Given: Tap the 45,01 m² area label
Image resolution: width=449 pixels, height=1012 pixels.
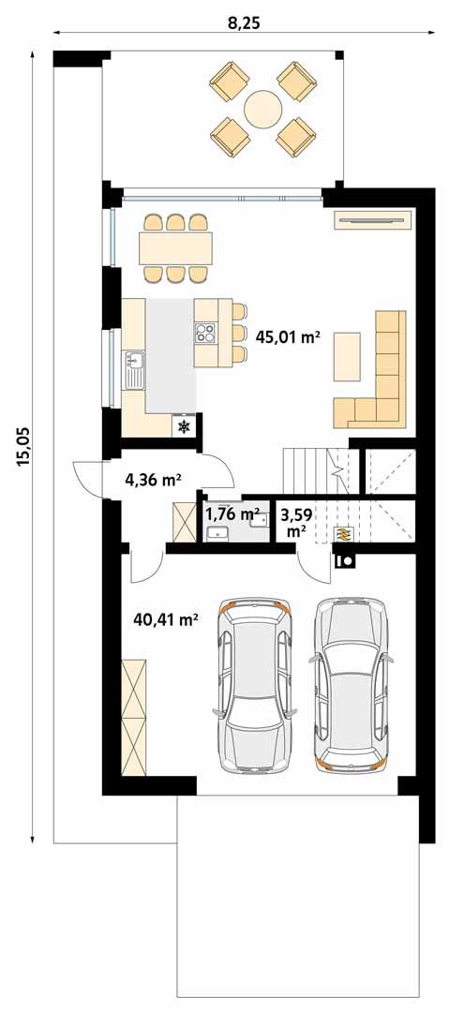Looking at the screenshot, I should tap(288, 337).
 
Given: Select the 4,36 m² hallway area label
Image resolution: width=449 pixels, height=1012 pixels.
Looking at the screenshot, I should tap(153, 481).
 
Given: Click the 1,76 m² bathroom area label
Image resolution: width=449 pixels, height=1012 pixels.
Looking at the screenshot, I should tap(232, 513).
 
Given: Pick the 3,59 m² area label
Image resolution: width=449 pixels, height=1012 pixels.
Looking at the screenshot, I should tap(296, 522).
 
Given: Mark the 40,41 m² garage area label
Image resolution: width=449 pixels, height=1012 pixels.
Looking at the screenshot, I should tap(166, 619).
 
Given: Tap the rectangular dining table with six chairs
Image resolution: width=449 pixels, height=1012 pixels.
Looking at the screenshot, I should tap(176, 248).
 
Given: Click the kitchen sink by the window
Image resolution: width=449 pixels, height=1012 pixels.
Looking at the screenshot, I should tap(131, 359).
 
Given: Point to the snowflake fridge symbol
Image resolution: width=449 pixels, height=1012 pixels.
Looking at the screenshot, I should tap(185, 427).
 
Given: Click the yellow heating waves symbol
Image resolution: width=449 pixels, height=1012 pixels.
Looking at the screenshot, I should tap(344, 533).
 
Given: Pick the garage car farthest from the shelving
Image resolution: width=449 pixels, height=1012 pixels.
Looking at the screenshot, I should tap(352, 683).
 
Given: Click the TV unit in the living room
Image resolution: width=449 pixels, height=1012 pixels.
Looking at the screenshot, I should tap(373, 220).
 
